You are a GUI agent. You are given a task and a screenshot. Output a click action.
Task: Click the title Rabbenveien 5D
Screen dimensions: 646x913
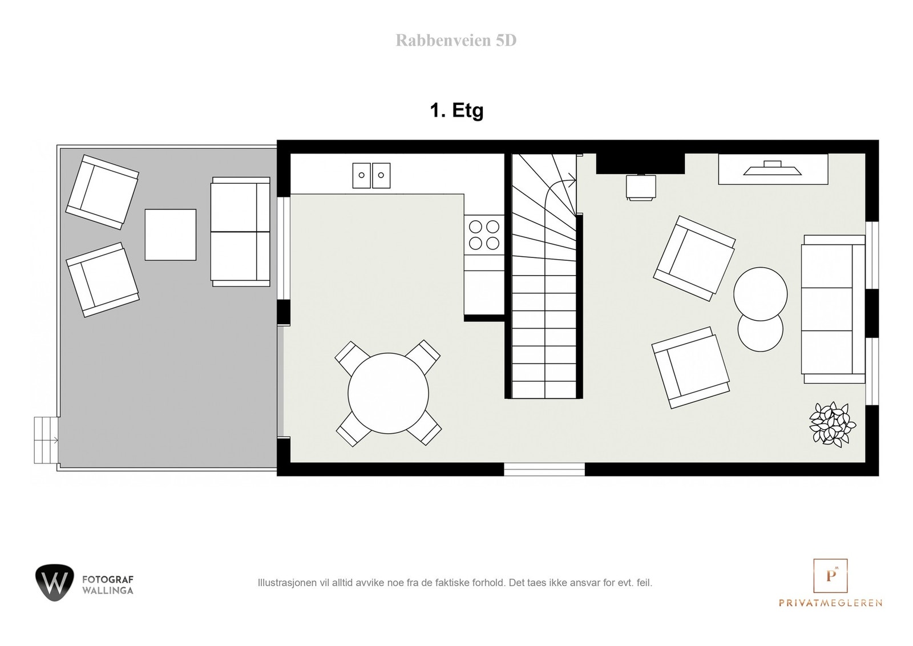(x=456, y=41)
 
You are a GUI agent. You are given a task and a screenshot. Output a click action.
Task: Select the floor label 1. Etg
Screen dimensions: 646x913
(x=457, y=110)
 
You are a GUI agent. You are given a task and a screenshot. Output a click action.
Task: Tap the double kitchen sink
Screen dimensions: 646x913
(x=371, y=175)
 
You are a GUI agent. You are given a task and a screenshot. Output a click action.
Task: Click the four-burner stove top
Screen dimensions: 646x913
(x=484, y=235)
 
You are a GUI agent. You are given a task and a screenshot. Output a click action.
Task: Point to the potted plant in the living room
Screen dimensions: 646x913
(x=833, y=425)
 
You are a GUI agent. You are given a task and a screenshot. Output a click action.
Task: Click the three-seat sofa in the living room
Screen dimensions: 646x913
(x=833, y=309)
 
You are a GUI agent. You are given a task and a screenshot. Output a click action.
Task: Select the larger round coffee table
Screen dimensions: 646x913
(x=760, y=294)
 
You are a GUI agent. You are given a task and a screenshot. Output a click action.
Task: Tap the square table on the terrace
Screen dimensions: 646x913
(x=170, y=235)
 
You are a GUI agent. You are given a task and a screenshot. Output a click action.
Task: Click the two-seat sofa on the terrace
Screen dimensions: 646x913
(x=240, y=231)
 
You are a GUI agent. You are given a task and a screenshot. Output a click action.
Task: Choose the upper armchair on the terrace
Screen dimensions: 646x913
(x=103, y=192)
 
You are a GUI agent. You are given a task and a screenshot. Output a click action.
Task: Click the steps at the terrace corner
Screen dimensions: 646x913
(x=46, y=439)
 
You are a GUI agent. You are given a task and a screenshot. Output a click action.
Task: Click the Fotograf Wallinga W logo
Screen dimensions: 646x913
(x=54, y=583)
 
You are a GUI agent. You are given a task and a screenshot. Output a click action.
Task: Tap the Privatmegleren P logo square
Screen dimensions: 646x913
(x=830, y=576)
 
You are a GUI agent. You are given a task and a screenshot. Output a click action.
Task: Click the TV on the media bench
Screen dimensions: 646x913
(x=773, y=168)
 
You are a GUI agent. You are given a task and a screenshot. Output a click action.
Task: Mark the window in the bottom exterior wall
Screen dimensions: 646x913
(x=544, y=470)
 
